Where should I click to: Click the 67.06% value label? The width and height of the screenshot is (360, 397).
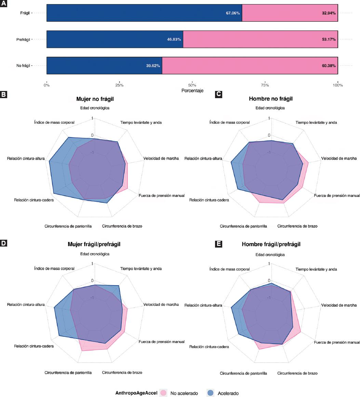(233, 13)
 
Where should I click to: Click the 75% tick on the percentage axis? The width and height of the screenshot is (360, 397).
(265, 85)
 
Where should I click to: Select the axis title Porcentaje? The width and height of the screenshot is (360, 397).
(192, 91)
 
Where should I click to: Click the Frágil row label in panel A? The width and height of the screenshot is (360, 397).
(25, 13)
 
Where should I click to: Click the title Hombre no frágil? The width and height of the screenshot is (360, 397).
(270, 99)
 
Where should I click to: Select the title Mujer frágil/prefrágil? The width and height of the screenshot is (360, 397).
(94, 244)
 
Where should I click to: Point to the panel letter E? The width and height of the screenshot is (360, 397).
(218, 244)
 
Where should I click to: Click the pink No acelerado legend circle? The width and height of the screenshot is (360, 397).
(163, 393)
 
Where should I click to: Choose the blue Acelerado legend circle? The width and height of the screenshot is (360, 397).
(211, 393)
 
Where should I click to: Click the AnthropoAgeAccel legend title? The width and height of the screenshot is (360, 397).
(136, 393)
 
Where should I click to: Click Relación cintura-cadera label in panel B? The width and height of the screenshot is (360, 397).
(34, 200)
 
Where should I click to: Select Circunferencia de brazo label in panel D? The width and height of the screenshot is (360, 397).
(122, 372)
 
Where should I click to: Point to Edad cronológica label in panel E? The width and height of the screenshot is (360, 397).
(270, 255)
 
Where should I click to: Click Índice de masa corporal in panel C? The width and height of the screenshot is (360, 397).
(229, 122)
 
